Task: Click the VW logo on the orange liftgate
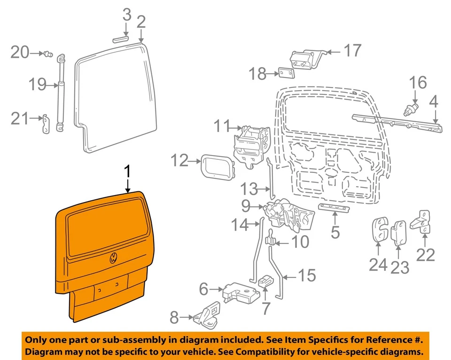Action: point(114,258)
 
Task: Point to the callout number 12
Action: point(179,161)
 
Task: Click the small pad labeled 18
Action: point(286,73)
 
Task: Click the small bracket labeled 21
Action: point(46,124)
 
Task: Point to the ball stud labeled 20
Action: point(47,55)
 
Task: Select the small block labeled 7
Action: point(265,281)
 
